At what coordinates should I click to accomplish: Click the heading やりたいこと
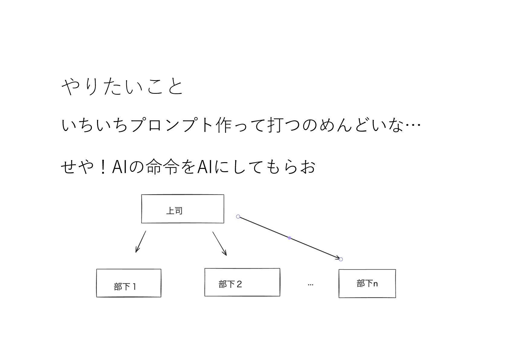(x=122, y=87)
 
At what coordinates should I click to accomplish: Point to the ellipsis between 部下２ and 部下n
(x=310, y=284)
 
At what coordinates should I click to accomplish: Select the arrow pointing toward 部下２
(x=219, y=243)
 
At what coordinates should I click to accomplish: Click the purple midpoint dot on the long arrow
(x=290, y=238)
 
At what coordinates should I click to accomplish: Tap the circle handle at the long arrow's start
(x=238, y=217)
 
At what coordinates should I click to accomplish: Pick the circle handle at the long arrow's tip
(x=341, y=259)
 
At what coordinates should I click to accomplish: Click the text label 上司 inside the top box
(x=174, y=211)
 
